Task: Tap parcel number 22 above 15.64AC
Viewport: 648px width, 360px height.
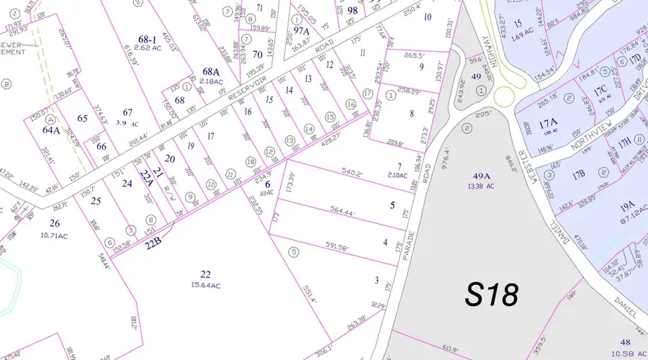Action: [x=206, y=274]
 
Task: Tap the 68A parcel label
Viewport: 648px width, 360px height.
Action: [x=210, y=71]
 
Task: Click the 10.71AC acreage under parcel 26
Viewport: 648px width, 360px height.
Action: [x=54, y=235]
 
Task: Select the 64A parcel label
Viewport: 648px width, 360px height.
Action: [x=51, y=130]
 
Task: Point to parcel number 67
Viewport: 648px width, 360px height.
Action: [x=128, y=112]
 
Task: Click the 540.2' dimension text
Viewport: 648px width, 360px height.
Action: [x=352, y=172]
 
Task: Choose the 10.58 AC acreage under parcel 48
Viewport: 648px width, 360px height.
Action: [x=626, y=353]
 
